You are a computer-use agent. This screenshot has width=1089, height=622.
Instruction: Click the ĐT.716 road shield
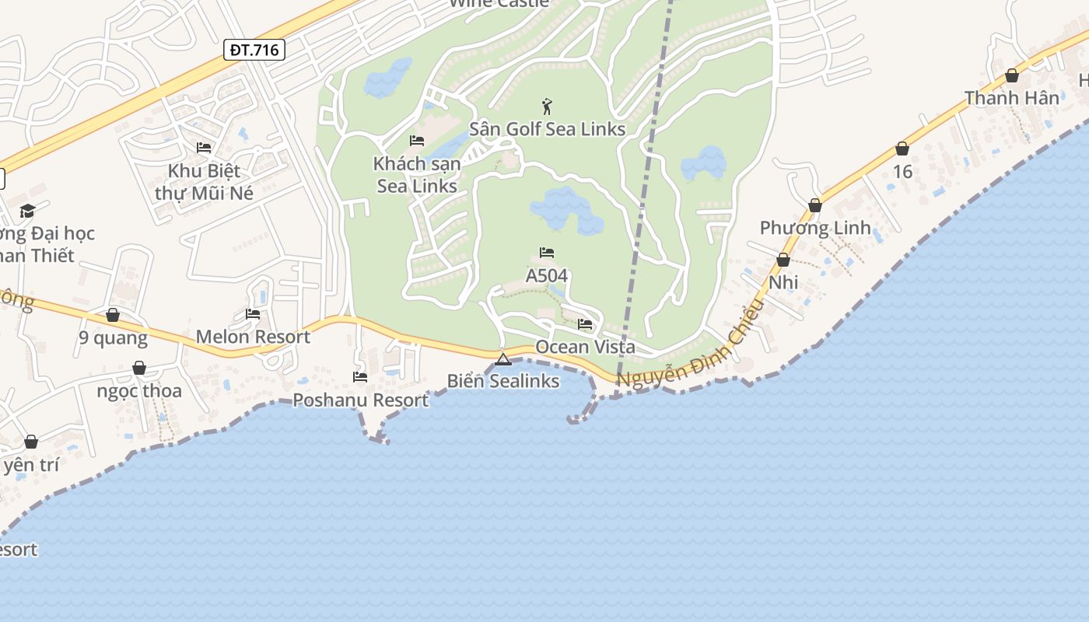[x=254, y=51]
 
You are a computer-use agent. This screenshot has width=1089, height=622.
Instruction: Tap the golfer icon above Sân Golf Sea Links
[x=547, y=107]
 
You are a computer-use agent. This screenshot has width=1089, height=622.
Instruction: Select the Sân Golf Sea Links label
[x=547, y=129]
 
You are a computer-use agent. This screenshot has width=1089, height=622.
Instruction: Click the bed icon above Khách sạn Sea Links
[x=417, y=141]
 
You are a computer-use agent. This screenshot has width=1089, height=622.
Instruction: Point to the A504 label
[x=547, y=276]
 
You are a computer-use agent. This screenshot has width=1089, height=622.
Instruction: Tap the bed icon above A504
[x=547, y=253]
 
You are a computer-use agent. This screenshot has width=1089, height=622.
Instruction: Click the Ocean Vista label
[x=585, y=347]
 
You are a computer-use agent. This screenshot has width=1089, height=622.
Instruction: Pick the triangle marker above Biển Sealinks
[x=502, y=359]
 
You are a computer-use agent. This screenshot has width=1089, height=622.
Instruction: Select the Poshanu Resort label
[x=360, y=400]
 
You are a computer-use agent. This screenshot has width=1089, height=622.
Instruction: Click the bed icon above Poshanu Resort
[x=360, y=377]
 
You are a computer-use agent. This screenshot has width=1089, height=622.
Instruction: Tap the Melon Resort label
[x=253, y=337]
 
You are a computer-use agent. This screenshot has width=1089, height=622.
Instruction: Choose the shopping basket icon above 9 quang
[x=113, y=315]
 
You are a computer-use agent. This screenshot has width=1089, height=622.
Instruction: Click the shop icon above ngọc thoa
[x=139, y=368]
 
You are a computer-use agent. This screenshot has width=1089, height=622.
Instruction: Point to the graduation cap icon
[x=28, y=211]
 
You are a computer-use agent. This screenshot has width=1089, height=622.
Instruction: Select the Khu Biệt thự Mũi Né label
[x=204, y=182]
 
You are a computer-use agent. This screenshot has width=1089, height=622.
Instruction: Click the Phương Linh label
[x=815, y=229]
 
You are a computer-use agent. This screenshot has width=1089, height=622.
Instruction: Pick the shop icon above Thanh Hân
[x=1012, y=75]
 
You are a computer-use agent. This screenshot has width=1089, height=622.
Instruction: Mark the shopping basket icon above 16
[x=902, y=149]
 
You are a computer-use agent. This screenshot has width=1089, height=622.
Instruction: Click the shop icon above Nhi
[x=783, y=260]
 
